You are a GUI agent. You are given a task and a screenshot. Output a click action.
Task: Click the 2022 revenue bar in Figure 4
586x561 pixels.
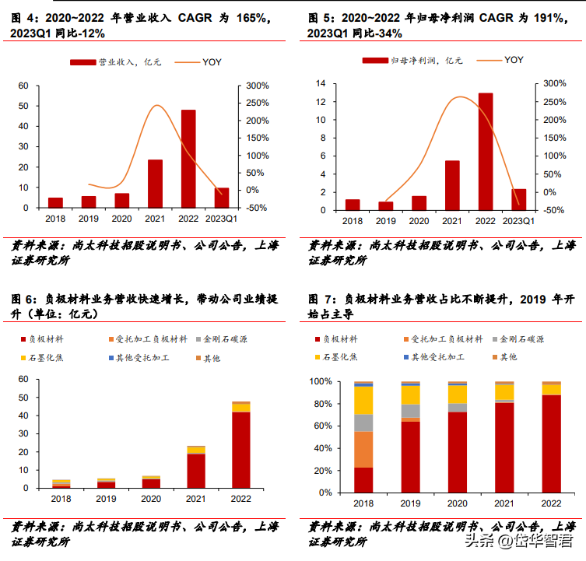(x=188, y=159)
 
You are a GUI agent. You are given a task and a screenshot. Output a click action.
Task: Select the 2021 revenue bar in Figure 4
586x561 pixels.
(x=155, y=184)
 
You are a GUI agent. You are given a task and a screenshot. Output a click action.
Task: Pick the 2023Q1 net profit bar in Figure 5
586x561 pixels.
(x=518, y=199)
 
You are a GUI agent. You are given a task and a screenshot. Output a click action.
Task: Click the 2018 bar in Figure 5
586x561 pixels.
(x=353, y=205)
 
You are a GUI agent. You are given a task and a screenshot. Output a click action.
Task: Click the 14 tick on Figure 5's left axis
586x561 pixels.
(x=320, y=83)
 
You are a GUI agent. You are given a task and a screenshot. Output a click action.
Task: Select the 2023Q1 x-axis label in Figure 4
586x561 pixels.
(x=221, y=219)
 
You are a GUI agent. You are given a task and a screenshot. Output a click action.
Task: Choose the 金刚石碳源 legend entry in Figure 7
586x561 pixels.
(x=521, y=340)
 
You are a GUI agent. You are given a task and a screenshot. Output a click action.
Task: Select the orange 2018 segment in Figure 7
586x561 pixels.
(x=363, y=449)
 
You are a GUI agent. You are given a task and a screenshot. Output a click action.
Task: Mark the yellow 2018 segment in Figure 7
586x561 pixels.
(x=363, y=400)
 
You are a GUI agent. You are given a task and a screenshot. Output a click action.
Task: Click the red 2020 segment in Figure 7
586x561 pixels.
(x=458, y=452)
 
